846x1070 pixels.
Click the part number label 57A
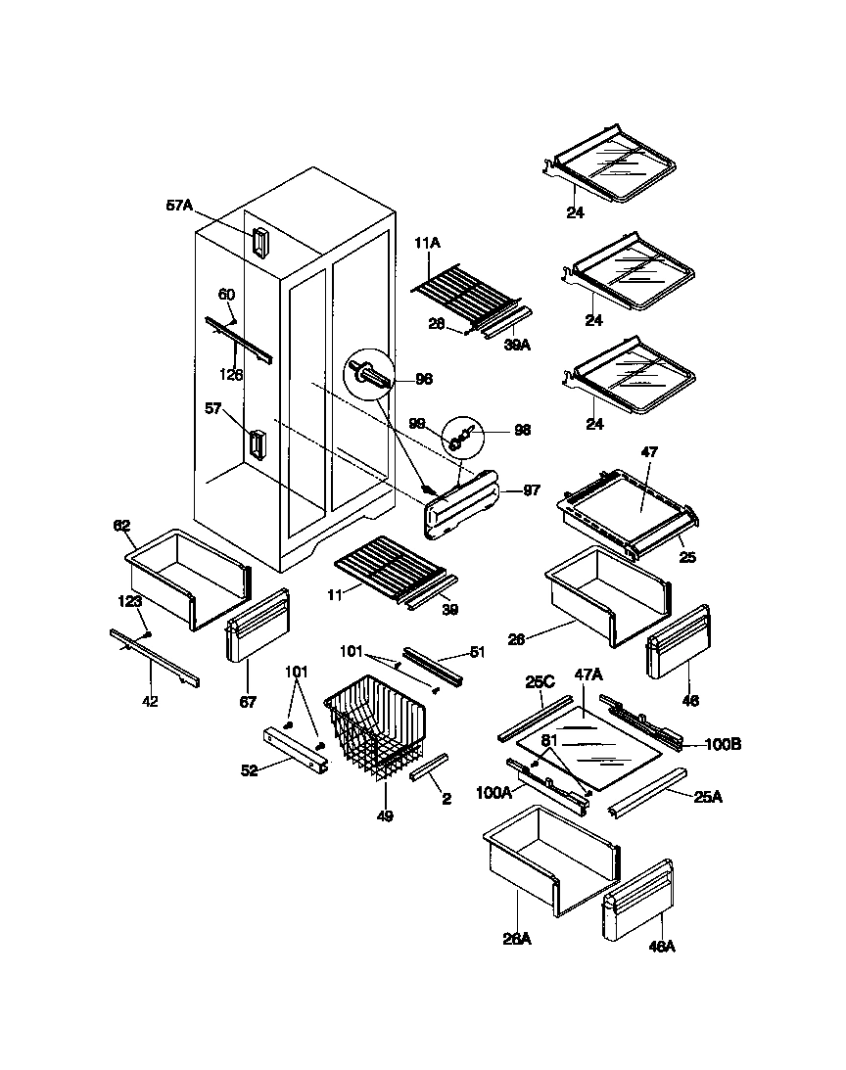pos(180,206)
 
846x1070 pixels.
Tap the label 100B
pos(722,744)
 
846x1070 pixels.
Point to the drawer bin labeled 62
pos(186,578)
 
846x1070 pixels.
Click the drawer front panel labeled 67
pos(258,626)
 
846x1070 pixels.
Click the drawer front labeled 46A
pos(638,902)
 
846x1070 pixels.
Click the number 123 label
pos(130,601)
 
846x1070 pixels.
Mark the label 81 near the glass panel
pos(548,741)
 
